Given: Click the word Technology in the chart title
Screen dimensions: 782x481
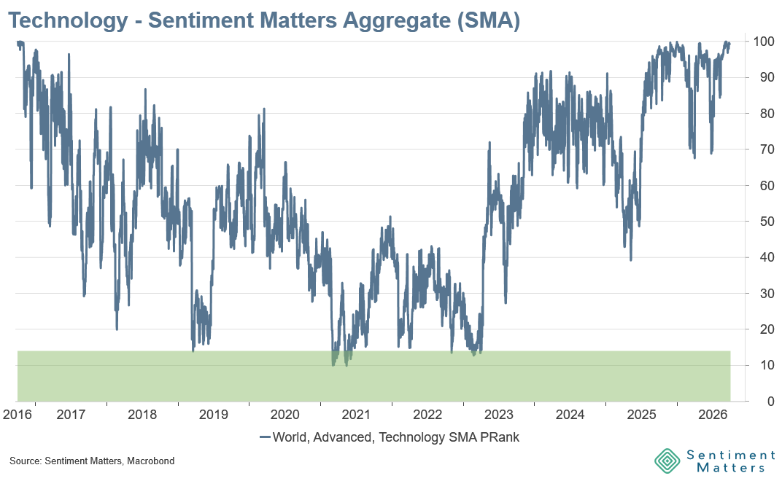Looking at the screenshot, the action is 69,21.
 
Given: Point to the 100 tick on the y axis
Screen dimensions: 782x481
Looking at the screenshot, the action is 764,42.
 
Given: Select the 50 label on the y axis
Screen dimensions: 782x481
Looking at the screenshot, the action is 767,222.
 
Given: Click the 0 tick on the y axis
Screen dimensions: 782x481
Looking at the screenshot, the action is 771,402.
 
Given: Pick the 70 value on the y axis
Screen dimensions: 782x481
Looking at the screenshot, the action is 767,149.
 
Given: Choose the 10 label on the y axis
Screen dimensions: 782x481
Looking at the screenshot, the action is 767,365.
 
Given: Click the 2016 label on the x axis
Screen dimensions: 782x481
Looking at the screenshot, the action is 18,414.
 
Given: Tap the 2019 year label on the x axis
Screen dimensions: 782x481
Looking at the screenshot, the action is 214,414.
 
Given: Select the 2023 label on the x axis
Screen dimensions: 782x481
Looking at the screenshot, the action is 499,414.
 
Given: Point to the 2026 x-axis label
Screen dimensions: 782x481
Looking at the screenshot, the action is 713,414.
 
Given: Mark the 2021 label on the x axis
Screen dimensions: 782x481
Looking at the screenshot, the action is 356,414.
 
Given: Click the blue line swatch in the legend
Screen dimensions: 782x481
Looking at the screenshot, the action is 266,437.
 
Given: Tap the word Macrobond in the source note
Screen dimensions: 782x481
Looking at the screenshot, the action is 150,461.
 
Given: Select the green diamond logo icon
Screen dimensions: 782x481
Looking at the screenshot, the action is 667,461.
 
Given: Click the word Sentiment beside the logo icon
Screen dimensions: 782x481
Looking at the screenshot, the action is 731,455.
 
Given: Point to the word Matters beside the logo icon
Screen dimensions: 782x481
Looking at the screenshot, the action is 731,468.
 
